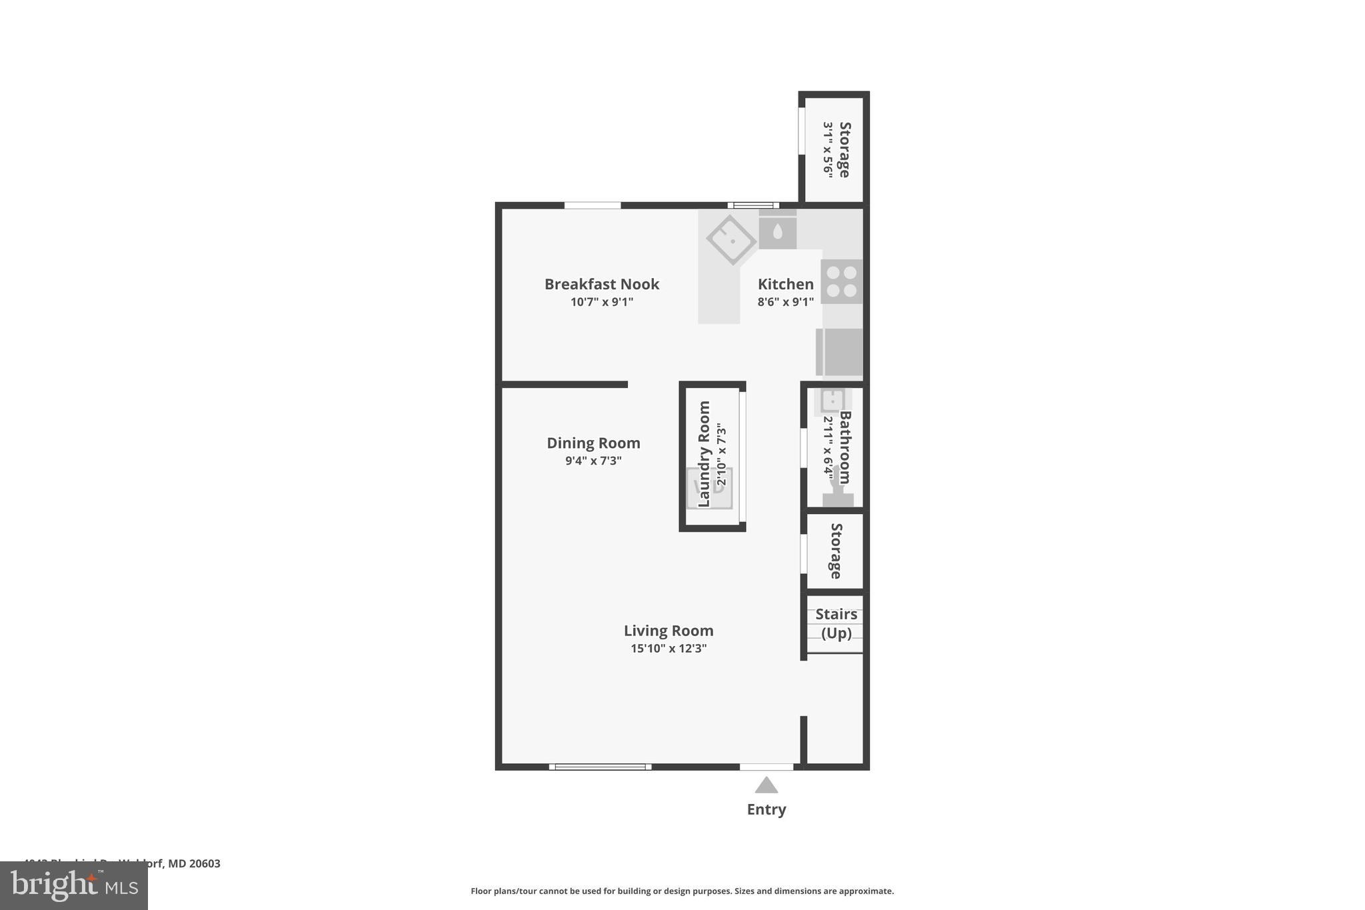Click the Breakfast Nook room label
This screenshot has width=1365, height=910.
[601, 284]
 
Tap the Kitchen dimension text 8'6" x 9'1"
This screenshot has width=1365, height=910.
[785, 302]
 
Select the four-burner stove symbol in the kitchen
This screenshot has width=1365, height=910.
[841, 281]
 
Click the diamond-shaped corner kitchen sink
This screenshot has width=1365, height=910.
[730, 239]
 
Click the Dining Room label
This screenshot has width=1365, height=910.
[593, 443]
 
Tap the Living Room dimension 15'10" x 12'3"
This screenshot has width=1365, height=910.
[669, 648]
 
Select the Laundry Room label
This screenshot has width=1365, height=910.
[704, 453]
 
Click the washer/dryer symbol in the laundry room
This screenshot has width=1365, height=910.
[710, 487]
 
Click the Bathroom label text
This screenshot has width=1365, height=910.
[845, 447]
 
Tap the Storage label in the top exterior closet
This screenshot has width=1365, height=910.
[844, 149]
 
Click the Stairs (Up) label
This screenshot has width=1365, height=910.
[836, 623]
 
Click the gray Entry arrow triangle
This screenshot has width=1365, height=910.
[766, 785]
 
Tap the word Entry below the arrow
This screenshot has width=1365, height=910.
[766, 809]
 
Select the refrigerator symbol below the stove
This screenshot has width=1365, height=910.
[840, 351]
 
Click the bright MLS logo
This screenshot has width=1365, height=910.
[74, 885]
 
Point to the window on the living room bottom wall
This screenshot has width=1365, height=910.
[600, 767]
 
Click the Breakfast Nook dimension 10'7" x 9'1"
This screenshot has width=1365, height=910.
[601, 302]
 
